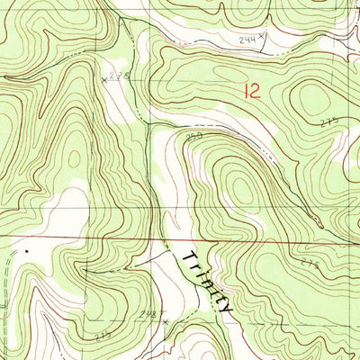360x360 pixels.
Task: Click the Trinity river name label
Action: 207,281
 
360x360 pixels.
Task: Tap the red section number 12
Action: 253,90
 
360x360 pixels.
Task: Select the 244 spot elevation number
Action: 247,40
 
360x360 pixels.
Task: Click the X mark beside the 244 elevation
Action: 262,37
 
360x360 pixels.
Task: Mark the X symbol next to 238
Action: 104,79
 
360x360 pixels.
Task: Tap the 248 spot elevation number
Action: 150,314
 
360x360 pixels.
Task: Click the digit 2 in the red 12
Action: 258,90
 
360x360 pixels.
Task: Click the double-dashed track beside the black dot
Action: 7,270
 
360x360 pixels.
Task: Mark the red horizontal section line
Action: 90,237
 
